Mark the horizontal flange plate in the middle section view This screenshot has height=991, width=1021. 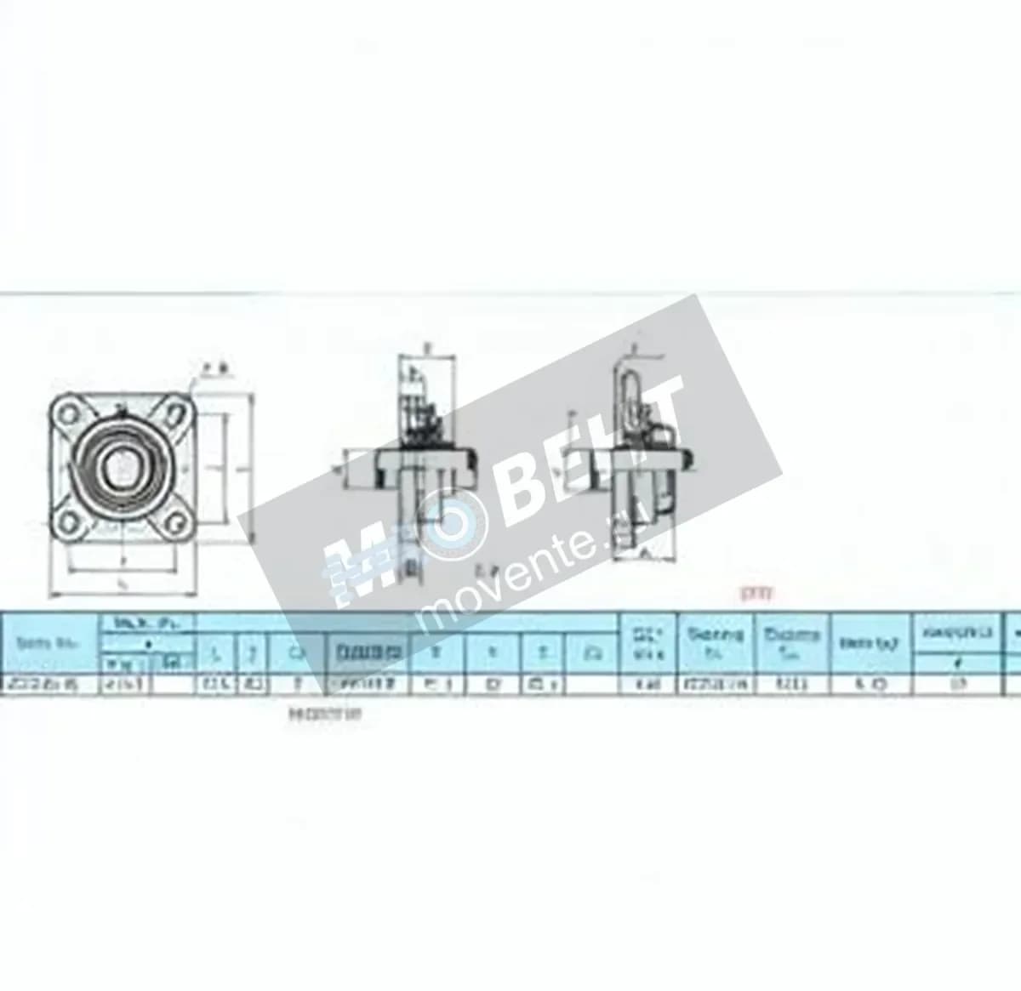[x=414, y=464]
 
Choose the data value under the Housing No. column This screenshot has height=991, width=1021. [x=792, y=683]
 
